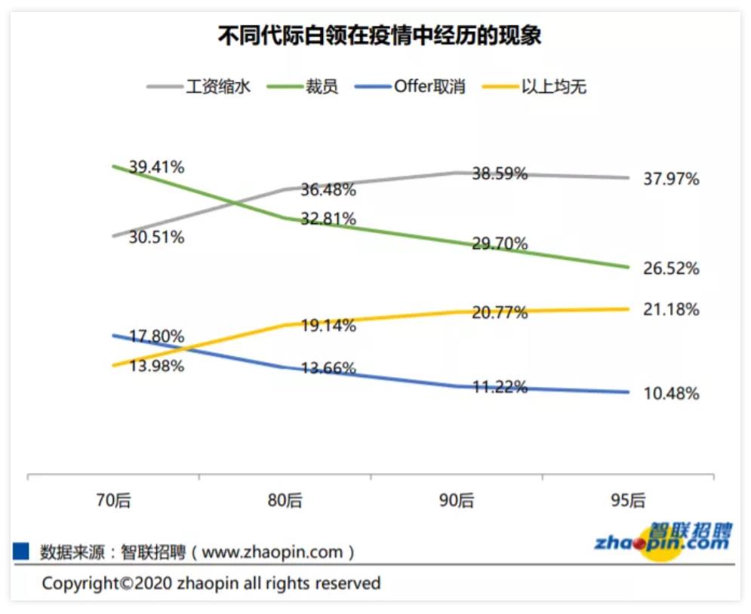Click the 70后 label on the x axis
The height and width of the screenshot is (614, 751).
point(113,500)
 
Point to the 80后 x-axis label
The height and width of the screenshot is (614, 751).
point(285,500)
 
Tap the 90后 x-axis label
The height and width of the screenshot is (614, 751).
point(456,500)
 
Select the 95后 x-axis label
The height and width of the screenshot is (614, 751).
point(627,500)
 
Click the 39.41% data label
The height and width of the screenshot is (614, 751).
point(156,167)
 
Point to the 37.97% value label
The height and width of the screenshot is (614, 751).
point(671,179)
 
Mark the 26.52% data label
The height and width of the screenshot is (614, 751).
point(671,269)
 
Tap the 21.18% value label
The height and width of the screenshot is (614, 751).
point(671,309)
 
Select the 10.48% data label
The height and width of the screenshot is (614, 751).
point(671,394)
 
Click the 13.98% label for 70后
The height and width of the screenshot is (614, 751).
point(156,366)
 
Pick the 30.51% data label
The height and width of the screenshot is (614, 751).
point(156,238)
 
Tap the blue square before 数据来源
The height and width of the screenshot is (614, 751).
point(21,551)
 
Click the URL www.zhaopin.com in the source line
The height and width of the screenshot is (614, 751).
point(272,552)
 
